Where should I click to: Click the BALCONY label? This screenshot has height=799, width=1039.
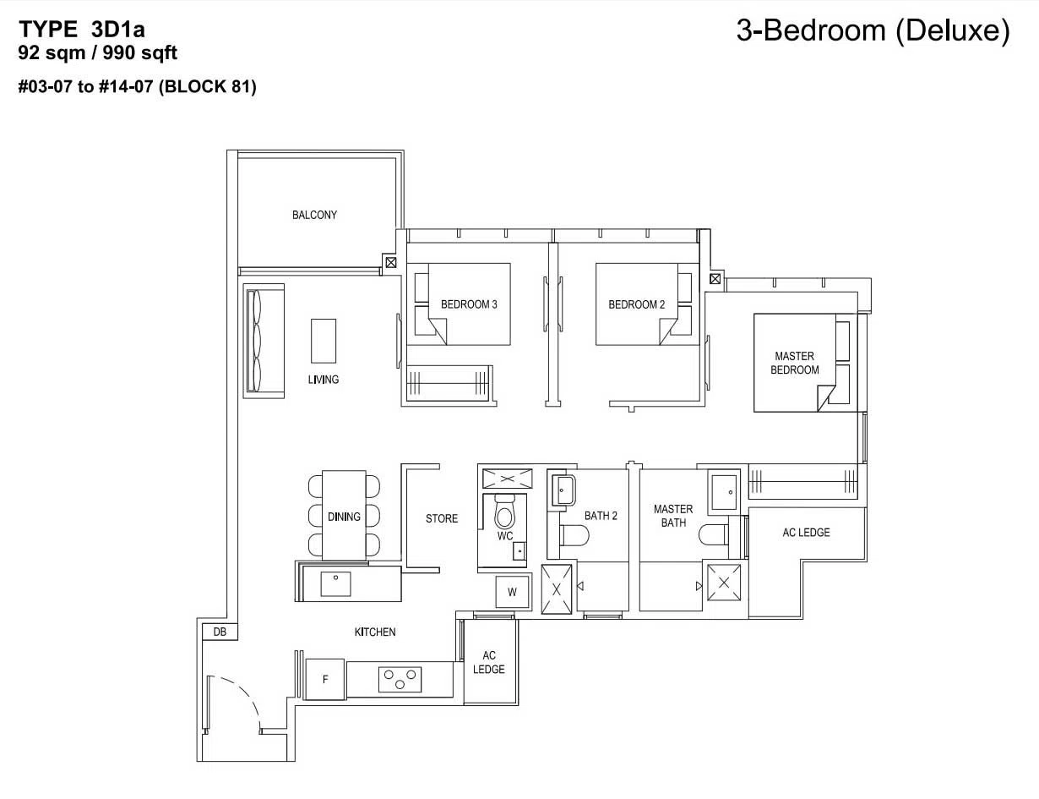click(x=314, y=215)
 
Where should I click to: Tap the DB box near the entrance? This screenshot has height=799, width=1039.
click(x=220, y=632)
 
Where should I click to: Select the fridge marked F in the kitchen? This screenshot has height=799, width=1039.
click(x=325, y=679)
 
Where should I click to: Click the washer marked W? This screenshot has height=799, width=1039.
click(x=512, y=592)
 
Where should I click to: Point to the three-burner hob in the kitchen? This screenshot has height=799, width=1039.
click(x=400, y=680)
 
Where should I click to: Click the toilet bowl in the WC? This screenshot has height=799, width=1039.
click(x=504, y=511)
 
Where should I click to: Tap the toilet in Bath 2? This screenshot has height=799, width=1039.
click(x=574, y=535)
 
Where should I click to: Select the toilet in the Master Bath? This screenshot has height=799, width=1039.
click(x=714, y=535)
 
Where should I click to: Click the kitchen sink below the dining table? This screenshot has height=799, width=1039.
click(x=335, y=583)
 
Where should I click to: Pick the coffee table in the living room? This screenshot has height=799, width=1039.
click(x=324, y=341)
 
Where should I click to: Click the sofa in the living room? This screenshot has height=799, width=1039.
click(x=264, y=341)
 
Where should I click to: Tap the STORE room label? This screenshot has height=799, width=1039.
click(x=442, y=518)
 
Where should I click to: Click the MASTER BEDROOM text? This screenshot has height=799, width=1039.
click(x=795, y=363)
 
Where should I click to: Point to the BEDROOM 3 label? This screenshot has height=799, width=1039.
click(x=469, y=304)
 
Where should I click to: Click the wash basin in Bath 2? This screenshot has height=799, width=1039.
click(x=563, y=490)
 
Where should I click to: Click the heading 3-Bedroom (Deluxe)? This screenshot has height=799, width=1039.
click(x=873, y=30)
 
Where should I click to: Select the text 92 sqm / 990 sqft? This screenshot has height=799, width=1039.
click(x=97, y=52)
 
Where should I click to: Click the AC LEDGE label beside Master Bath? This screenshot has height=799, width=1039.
click(x=806, y=532)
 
